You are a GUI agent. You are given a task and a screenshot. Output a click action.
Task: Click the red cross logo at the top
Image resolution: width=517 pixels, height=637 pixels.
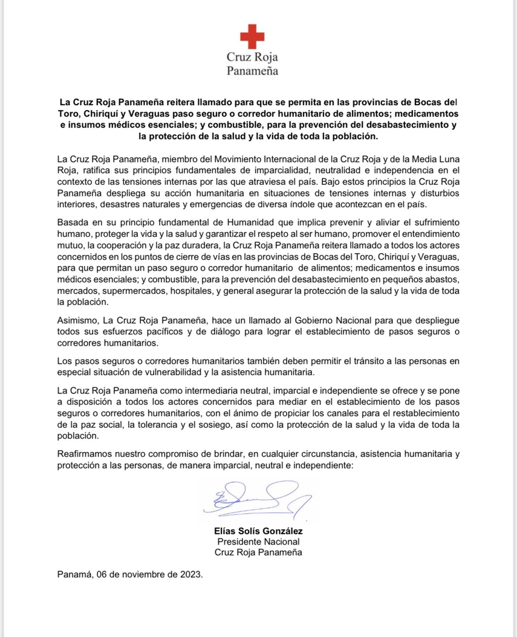point(252,36)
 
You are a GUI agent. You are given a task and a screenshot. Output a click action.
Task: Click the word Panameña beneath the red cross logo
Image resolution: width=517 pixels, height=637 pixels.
point(252,70)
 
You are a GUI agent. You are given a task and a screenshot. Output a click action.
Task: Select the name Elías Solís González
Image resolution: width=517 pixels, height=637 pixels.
point(258,531)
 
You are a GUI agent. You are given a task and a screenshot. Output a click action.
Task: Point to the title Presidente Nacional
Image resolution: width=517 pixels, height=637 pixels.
point(258,542)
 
